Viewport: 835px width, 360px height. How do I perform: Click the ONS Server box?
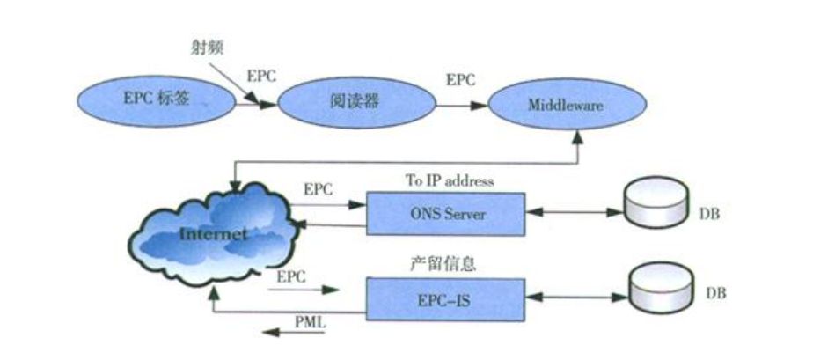(445, 212)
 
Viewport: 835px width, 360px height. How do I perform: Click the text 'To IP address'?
(449, 180)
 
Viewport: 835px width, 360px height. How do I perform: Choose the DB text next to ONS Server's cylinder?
(710, 214)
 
